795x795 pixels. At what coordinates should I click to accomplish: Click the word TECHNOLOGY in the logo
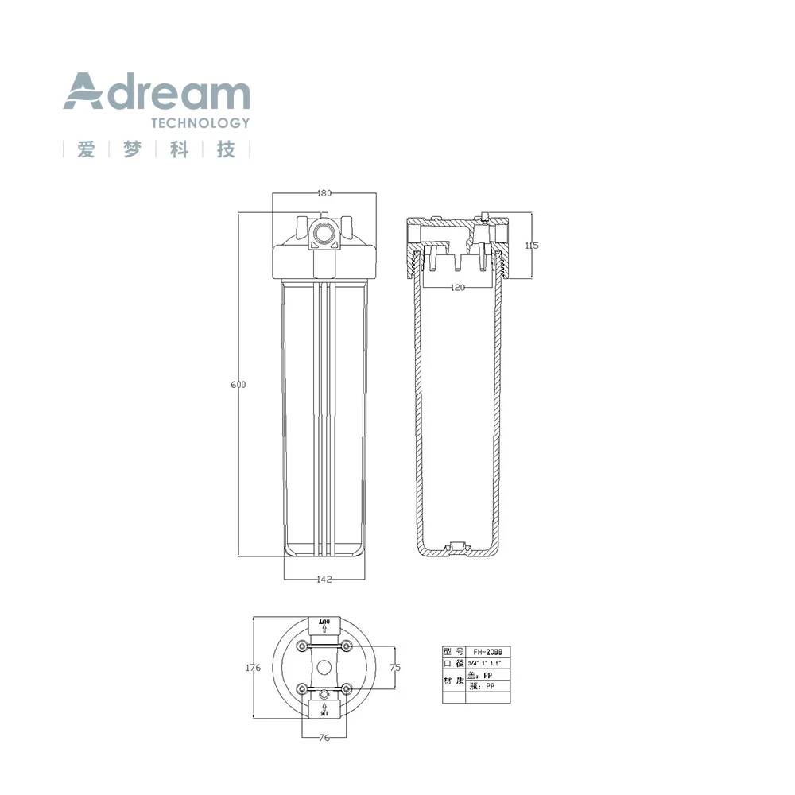click(x=200, y=123)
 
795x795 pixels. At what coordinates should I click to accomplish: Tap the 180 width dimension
click(x=324, y=193)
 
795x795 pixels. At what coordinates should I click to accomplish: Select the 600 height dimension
click(x=238, y=385)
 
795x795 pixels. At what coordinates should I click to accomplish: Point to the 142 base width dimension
click(x=324, y=579)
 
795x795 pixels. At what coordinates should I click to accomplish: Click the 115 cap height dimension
click(x=532, y=246)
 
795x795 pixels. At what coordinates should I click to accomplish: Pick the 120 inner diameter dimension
click(x=458, y=288)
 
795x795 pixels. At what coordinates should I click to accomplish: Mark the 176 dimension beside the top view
click(x=253, y=669)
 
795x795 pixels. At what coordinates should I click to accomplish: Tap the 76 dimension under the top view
click(x=324, y=738)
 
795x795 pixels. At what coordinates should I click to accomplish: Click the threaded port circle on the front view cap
click(x=324, y=234)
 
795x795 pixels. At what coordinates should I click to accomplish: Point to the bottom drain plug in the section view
click(x=457, y=547)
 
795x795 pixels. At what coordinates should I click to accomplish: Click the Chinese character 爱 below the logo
click(x=86, y=149)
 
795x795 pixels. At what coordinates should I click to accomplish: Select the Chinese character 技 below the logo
click(x=227, y=149)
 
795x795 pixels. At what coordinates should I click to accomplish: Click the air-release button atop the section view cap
click(x=484, y=215)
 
